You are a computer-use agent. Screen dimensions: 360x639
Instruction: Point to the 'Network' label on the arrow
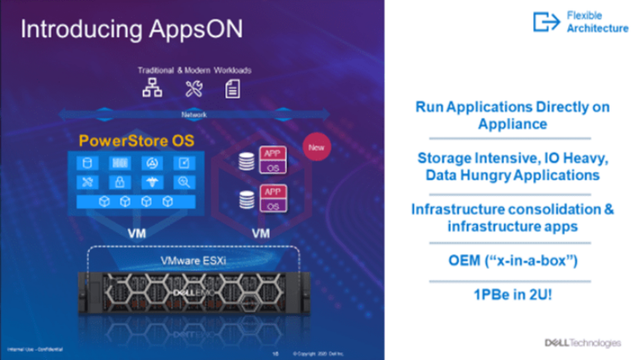click(x=194, y=115)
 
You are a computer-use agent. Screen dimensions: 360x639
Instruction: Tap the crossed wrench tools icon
click(x=193, y=89)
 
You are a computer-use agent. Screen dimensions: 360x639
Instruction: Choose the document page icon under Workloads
click(x=231, y=89)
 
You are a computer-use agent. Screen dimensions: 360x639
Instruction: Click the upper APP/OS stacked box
click(x=271, y=160)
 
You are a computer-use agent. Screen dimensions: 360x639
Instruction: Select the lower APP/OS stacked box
click(x=271, y=198)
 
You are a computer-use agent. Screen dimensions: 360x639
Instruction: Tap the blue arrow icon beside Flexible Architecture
click(x=547, y=22)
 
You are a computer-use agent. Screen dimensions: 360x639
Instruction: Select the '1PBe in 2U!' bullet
click(x=512, y=295)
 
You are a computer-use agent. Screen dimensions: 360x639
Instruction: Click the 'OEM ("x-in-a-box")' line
click(x=512, y=262)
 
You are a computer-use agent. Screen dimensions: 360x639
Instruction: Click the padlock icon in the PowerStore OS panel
click(x=119, y=182)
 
